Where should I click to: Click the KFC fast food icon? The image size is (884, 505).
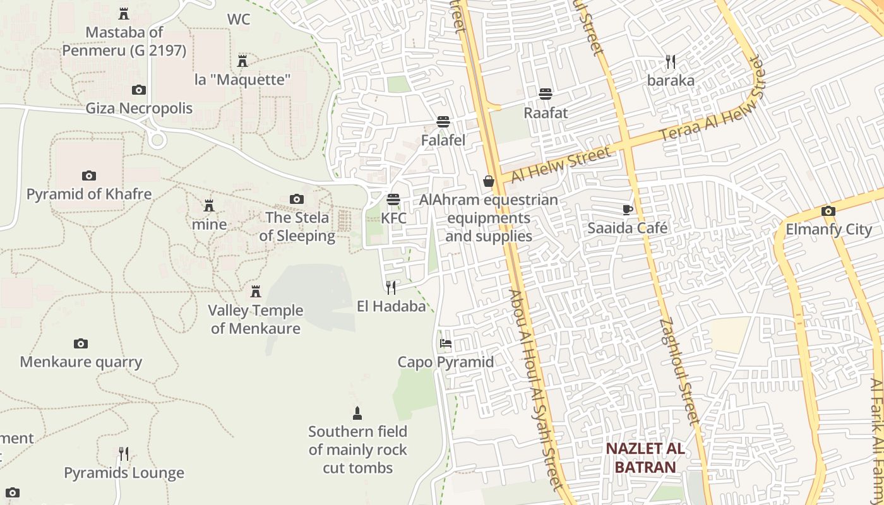(393, 200)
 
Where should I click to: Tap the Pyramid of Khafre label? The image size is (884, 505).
(89, 194)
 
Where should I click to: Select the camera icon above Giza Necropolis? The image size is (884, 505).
(138, 90)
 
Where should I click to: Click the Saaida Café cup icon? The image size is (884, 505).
(627, 210)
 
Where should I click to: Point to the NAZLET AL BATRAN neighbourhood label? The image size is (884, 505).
(645, 458)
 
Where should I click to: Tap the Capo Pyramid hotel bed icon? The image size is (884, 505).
(446, 344)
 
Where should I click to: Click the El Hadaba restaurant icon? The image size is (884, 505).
(391, 288)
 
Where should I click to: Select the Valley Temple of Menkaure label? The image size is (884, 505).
(256, 319)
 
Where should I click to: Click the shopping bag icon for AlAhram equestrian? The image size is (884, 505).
(489, 181)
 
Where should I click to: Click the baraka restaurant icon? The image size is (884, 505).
(671, 62)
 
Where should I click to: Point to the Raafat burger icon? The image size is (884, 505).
(546, 94)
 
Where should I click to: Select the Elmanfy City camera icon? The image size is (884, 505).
(828, 211)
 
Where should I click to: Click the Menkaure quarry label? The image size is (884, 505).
(81, 362)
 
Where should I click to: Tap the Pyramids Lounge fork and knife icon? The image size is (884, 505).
(124, 454)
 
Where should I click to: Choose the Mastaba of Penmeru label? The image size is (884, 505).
(124, 41)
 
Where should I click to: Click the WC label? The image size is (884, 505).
(239, 20)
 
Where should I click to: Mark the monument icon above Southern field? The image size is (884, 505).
(357, 413)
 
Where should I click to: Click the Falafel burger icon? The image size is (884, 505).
(443, 121)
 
